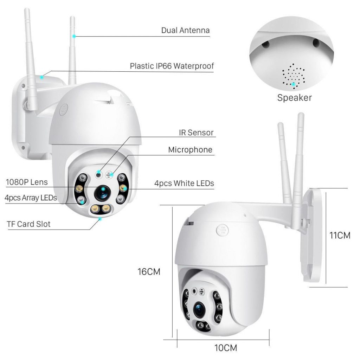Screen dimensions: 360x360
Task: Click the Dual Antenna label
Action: (185, 30)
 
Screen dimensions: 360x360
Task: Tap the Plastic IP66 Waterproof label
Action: (172, 66)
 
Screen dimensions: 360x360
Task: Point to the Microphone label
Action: (190, 150)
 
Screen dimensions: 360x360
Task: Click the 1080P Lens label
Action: (27, 182)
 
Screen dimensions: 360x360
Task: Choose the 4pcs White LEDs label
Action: (184, 184)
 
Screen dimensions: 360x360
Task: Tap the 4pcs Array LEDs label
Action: (31, 198)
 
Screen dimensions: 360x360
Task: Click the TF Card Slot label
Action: (28, 224)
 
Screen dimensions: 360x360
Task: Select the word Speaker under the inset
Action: (294, 98)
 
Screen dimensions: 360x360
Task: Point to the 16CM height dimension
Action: (149, 271)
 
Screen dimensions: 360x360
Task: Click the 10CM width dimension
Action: (226, 348)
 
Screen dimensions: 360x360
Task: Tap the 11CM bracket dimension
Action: (340, 235)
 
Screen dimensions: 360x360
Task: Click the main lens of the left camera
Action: (102, 192)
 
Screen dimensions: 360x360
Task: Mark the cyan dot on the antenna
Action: (74, 36)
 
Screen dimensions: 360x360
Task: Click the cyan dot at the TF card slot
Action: (100, 219)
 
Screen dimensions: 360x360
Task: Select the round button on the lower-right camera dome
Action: (222, 230)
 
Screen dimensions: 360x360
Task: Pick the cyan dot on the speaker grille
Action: (294, 84)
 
